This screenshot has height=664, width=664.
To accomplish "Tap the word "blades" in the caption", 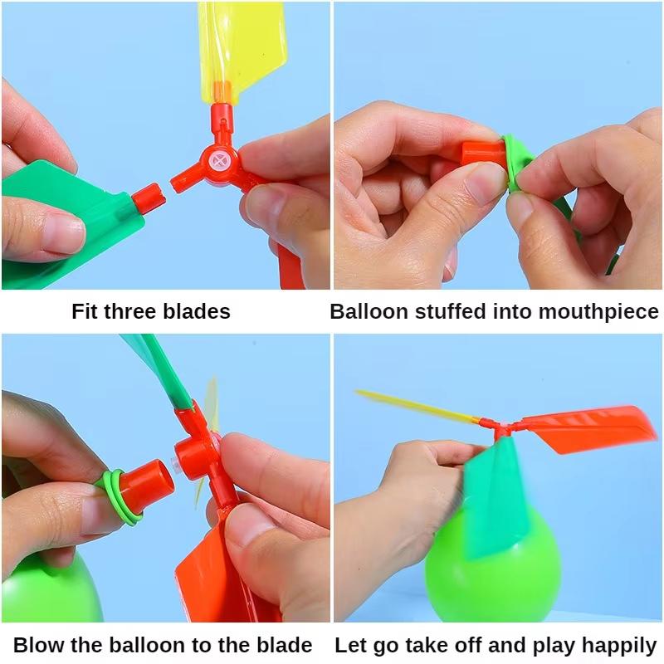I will click(x=198, y=312).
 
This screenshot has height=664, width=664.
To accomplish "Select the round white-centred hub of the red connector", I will click(x=220, y=162).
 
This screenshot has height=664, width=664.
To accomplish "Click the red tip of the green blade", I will click(x=148, y=198).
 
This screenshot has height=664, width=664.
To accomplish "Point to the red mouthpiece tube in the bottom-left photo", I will click(x=149, y=486).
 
